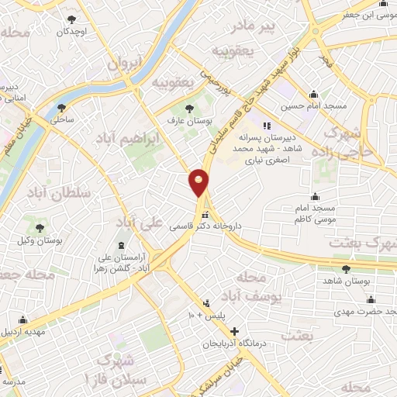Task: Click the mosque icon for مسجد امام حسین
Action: click(x=313, y=92)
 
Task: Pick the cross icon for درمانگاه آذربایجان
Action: click(x=234, y=331)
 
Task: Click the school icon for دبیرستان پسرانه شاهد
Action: click(x=267, y=126)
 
